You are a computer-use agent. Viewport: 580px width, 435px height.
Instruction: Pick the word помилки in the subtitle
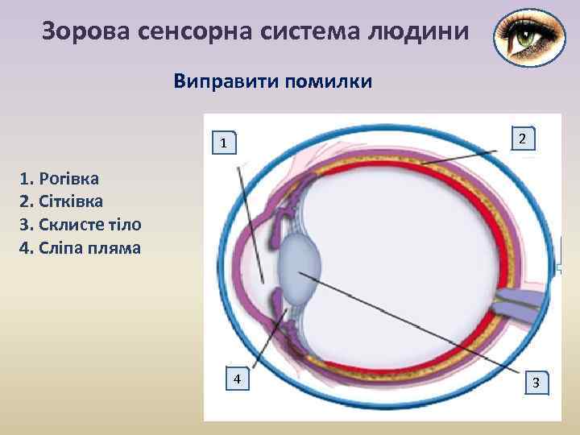point(327,81)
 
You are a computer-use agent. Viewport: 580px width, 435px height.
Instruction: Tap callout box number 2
point(523,139)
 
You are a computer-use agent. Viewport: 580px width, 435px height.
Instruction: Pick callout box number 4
point(237,379)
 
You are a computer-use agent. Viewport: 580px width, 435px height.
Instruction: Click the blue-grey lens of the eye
point(299,265)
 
